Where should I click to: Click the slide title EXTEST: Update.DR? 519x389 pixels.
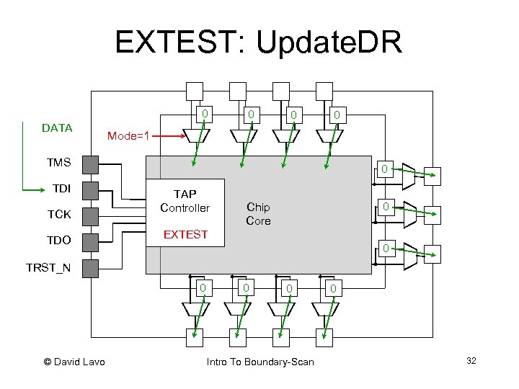[x=258, y=44]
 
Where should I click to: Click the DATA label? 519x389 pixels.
[x=57, y=128]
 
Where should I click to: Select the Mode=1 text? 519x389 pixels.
[x=128, y=135]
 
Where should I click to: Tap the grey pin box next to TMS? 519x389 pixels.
[x=89, y=165]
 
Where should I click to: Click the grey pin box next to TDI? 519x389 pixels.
[x=89, y=190]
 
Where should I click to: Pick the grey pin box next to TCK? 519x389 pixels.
[x=89, y=215]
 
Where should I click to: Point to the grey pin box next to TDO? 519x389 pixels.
[x=89, y=241]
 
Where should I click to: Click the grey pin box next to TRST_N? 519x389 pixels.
[x=89, y=268]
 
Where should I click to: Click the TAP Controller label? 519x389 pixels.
[x=185, y=201]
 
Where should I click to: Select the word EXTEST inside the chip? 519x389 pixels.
[x=185, y=234]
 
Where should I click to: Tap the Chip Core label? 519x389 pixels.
[x=258, y=214]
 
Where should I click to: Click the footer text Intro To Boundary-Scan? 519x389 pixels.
[x=260, y=361]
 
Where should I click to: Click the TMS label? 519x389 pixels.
[x=58, y=163]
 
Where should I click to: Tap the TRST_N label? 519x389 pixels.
[x=48, y=268]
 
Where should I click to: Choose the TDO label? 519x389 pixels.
[x=58, y=240]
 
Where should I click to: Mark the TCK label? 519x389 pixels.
[x=58, y=214]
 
